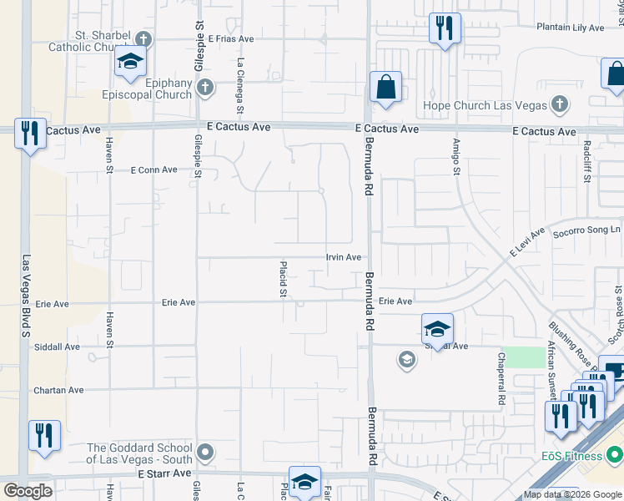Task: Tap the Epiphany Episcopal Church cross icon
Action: click(206, 86)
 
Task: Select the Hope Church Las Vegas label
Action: click(485, 105)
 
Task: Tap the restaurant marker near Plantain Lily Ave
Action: click(445, 29)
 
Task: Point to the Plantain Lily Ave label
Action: click(571, 28)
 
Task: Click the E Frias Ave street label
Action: click(231, 39)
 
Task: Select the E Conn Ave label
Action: click(154, 170)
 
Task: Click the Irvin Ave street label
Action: click(343, 258)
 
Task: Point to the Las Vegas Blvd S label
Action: click(26, 296)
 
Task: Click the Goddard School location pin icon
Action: click(206, 453)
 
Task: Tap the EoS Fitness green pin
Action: click(616, 456)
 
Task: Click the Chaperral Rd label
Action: click(501, 367)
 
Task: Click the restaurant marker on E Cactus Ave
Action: click(30, 134)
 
